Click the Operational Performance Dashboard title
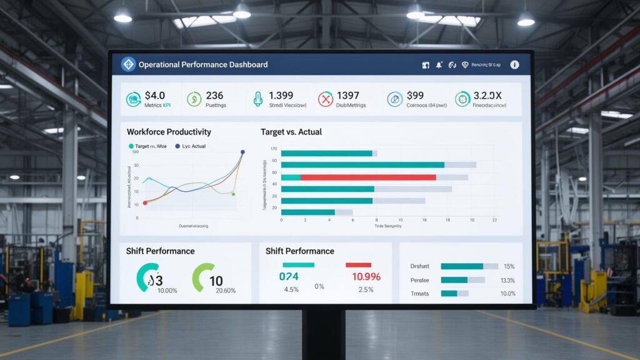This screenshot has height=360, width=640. pyautogui.click(x=203, y=64)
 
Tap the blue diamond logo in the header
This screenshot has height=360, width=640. pyautogui.click(x=128, y=64)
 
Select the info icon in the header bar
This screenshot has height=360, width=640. pyautogui.click(x=514, y=64)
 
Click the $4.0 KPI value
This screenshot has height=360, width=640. pyautogui.click(x=154, y=96)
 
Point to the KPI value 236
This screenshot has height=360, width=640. pyautogui.click(x=214, y=96)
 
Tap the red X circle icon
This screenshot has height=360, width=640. pyautogui.click(x=326, y=99)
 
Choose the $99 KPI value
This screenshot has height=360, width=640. pyautogui.click(x=415, y=96)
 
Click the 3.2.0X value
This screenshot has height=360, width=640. pyautogui.click(x=487, y=96)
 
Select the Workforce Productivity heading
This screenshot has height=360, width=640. pyautogui.click(x=169, y=132)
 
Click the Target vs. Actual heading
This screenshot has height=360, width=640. pyautogui.click(x=291, y=132)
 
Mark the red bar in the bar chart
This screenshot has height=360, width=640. pyautogui.click(x=368, y=177)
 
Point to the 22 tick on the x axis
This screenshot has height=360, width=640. pyautogui.click(x=494, y=221)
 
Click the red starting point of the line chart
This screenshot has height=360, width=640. pyautogui.click(x=145, y=203)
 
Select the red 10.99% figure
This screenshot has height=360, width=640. pyautogui.click(x=366, y=276)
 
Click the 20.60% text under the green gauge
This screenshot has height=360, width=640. pyautogui.click(x=225, y=291)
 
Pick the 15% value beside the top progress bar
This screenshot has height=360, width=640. pyautogui.click(x=508, y=266)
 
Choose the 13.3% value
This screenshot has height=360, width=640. pyautogui.click(x=508, y=280)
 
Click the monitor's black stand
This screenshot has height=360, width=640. pyautogui.click(x=319, y=334)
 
